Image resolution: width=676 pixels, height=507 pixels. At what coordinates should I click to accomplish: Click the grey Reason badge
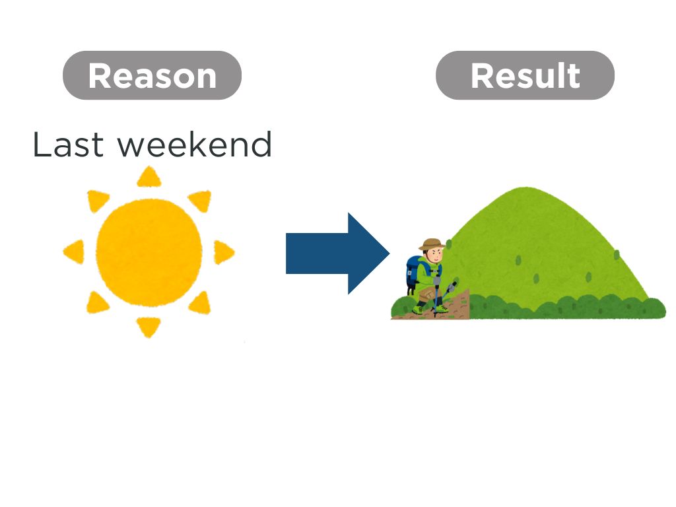click(x=152, y=75)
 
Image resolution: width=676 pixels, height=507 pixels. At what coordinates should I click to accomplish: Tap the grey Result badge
click(x=525, y=75)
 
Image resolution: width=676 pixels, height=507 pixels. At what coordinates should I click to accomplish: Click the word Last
click(x=68, y=145)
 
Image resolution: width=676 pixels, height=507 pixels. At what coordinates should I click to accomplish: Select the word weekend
click(x=195, y=145)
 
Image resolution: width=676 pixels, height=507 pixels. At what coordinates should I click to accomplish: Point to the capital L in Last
click(x=42, y=145)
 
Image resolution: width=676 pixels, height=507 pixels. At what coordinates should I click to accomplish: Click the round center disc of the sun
click(x=149, y=253)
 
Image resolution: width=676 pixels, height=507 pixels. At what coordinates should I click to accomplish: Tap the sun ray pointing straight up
click(x=149, y=177)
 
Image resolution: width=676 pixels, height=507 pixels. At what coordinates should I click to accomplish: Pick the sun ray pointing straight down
click(x=149, y=327)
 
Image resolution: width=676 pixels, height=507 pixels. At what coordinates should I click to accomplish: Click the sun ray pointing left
click(x=75, y=252)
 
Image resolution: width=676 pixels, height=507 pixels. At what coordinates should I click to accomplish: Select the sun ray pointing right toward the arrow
click(x=223, y=252)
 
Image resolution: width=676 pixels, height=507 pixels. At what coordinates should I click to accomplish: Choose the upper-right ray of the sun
click(x=201, y=201)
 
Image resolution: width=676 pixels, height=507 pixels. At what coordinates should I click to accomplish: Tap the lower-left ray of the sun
click(x=97, y=303)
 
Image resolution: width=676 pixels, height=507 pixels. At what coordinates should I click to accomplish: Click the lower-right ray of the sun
click(x=201, y=303)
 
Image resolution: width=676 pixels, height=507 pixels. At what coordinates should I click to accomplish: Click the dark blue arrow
click(x=338, y=253)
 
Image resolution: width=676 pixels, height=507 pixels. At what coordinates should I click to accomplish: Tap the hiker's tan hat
click(x=432, y=244)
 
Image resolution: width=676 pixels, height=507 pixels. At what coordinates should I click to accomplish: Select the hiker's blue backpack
click(x=415, y=273)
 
